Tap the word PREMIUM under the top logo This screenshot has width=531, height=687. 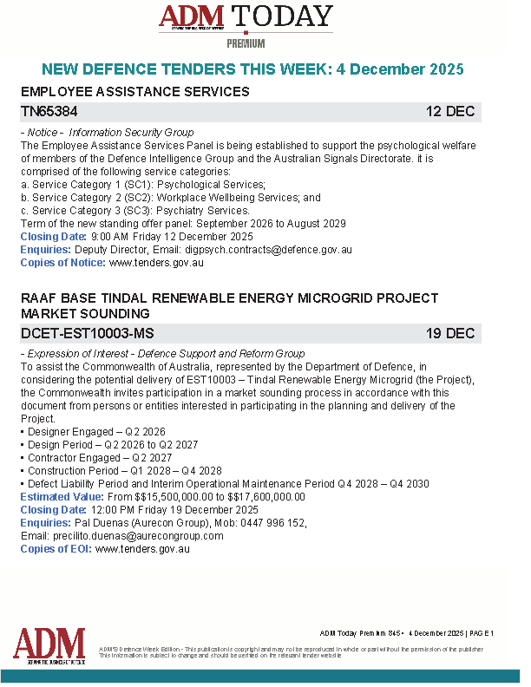246,43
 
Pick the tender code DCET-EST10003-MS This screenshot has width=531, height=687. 88,334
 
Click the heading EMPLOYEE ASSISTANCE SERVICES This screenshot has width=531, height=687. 134,92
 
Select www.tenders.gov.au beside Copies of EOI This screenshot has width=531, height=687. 142,549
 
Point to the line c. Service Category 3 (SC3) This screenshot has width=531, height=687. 134,211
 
